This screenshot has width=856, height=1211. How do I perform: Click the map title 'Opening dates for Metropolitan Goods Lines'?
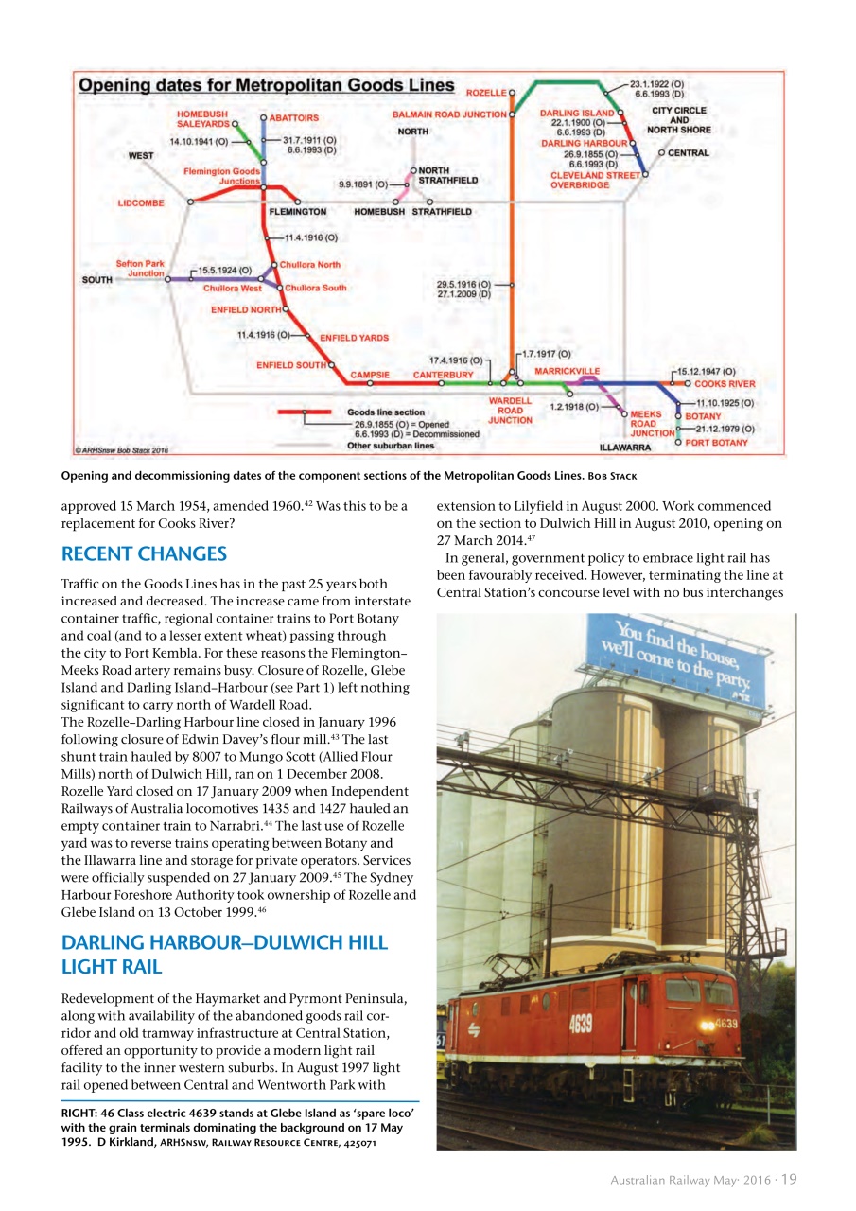(x=266, y=86)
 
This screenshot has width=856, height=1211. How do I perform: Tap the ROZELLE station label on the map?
(x=485, y=93)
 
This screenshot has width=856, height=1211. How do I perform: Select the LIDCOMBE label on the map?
(x=140, y=202)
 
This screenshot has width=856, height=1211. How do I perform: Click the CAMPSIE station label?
(x=370, y=375)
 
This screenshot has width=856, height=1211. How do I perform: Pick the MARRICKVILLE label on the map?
(x=567, y=370)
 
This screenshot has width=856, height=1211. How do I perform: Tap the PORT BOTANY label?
(x=716, y=443)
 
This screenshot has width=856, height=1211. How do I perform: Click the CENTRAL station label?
(x=689, y=152)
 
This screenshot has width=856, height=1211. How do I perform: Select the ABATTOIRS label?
(x=293, y=117)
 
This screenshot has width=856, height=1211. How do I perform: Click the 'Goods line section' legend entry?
(x=385, y=412)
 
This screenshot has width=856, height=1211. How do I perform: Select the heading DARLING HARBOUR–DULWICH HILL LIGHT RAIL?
(x=223, y=954)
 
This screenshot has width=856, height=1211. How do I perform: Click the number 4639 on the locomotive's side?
(x=581, y=1023)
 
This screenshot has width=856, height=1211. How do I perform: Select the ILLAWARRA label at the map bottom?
(x=625, y=447)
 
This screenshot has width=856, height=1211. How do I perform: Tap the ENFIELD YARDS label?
(x=354, y=337)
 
